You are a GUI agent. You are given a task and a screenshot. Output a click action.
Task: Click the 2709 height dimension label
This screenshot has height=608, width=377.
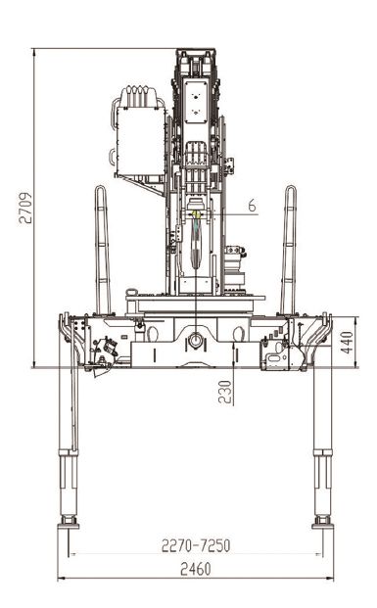click(25, 208)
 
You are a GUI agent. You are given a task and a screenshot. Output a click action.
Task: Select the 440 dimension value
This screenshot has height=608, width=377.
click(347, 343)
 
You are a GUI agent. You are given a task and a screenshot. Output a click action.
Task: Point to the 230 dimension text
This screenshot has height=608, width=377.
click(225, 392)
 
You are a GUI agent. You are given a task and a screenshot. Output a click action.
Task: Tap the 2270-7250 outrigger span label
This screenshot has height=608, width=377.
click(196, 545)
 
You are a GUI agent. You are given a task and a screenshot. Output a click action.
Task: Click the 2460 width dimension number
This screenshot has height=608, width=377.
click(196, 569)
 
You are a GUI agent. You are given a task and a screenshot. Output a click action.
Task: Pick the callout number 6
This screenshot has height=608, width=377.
click(252, 206)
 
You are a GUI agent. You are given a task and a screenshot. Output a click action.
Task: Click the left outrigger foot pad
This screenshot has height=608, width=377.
click(69, 526)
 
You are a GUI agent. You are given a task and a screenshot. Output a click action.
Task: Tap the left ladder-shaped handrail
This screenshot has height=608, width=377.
click(103, 250)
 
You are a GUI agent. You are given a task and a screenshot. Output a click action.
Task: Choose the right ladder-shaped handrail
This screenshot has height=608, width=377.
click(289, 250)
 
